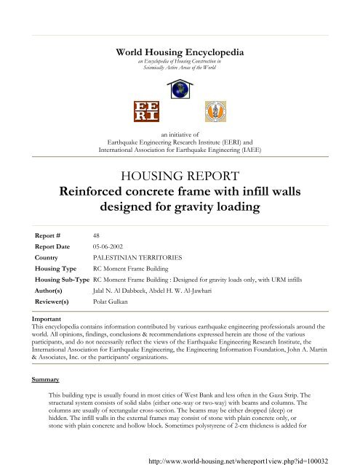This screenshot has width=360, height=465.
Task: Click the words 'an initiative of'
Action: [x=180, y=135]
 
